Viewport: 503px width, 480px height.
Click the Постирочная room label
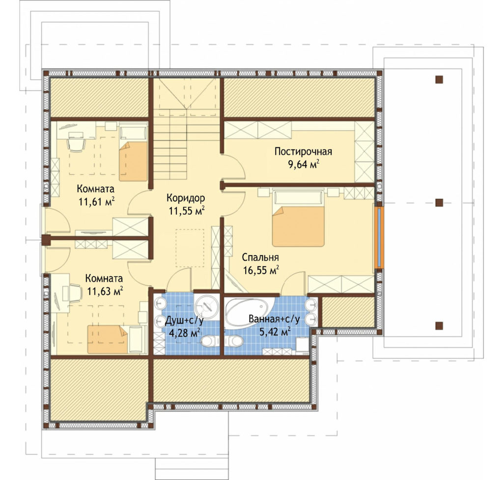[303, 151]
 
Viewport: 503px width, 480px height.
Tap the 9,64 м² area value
[304, 164]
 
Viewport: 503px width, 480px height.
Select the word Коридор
[185, 198]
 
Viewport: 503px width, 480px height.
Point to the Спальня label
[260, 257]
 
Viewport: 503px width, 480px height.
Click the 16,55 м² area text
[261, 270]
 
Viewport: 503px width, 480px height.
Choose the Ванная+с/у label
[274, 319]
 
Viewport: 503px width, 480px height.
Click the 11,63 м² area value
[105, 291]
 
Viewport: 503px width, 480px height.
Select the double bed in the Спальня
[298, 218]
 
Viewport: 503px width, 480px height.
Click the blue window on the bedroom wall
[379, 238]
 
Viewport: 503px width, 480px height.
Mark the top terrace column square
[439, 79]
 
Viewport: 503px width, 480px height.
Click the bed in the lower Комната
[117, 339]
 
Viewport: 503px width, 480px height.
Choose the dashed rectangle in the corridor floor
[190, 248]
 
